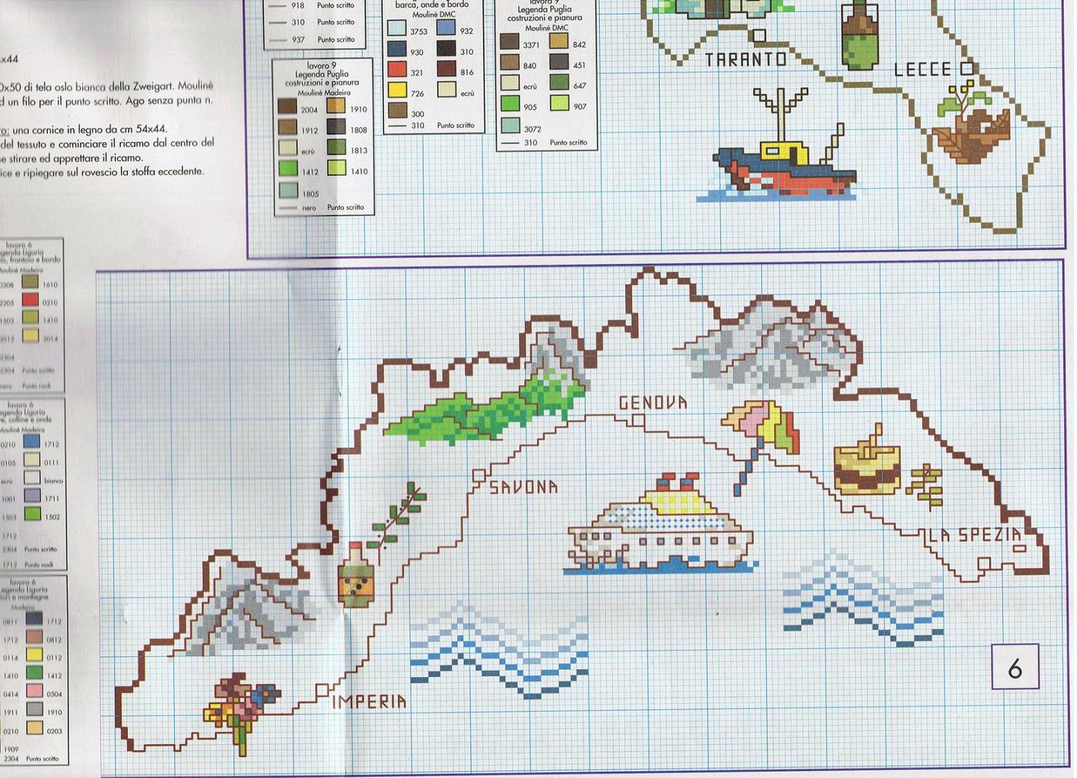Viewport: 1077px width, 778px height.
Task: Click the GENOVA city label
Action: pyautogui.click(x=653, y=403)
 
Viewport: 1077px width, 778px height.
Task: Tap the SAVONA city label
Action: pyautogui.click(x=524, y=488)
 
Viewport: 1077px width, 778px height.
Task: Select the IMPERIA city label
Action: pyautogui.click(x=369, y=702)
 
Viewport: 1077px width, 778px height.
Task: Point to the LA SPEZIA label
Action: pyautogui.click(x=975, y=535)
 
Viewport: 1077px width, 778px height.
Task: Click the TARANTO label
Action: pyautogui.click(x=746, y=60)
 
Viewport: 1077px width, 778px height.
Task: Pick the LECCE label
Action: pyautogui.click(x=923, y=70)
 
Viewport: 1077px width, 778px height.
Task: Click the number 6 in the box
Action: pyautogui.click(x=1015, y=668)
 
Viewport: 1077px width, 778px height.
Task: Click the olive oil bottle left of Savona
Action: pyautogui.click(x=355, y=575)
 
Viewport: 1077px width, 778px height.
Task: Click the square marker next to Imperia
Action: pyautogui.click(x=322, y=690)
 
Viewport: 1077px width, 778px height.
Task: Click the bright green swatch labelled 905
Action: pyautogui.click(x=510, y=105)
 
